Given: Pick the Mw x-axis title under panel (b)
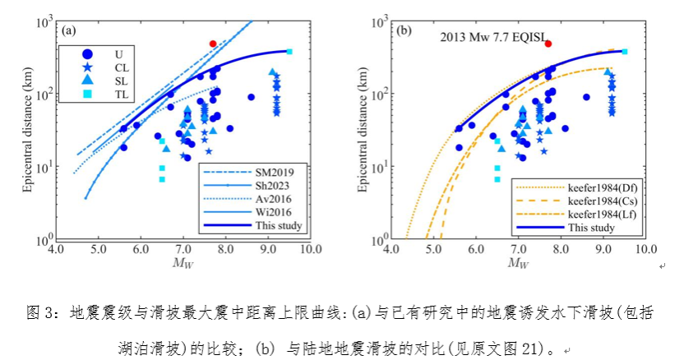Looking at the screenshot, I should point(518,262).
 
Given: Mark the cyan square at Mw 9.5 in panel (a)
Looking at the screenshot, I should point(289,52).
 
